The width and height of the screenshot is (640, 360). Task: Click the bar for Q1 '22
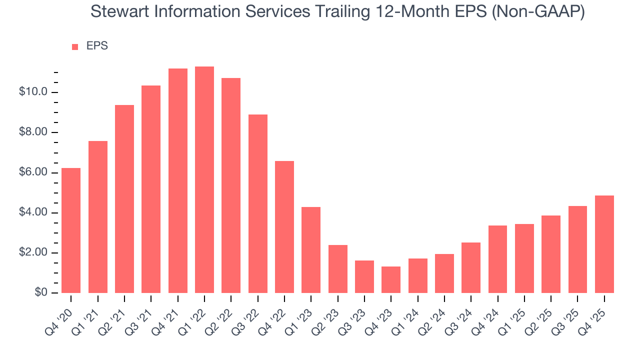[x=204, y=180]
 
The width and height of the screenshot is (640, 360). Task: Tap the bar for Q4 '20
[x=71, y=230]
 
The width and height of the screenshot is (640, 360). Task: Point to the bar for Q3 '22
[x=258, y=204]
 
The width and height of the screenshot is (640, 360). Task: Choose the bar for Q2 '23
[x=338, y=269]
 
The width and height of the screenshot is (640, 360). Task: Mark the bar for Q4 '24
[x=497, y=259]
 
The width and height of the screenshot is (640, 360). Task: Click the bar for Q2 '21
[x=124, y=199]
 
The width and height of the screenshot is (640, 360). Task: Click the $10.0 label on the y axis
[x=33, y=92]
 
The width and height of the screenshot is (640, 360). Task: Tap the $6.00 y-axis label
[x=33, y=172]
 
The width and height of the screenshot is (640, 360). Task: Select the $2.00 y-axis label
[x=33, y=253]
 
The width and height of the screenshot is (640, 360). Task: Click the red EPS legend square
[x=75, y=46]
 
